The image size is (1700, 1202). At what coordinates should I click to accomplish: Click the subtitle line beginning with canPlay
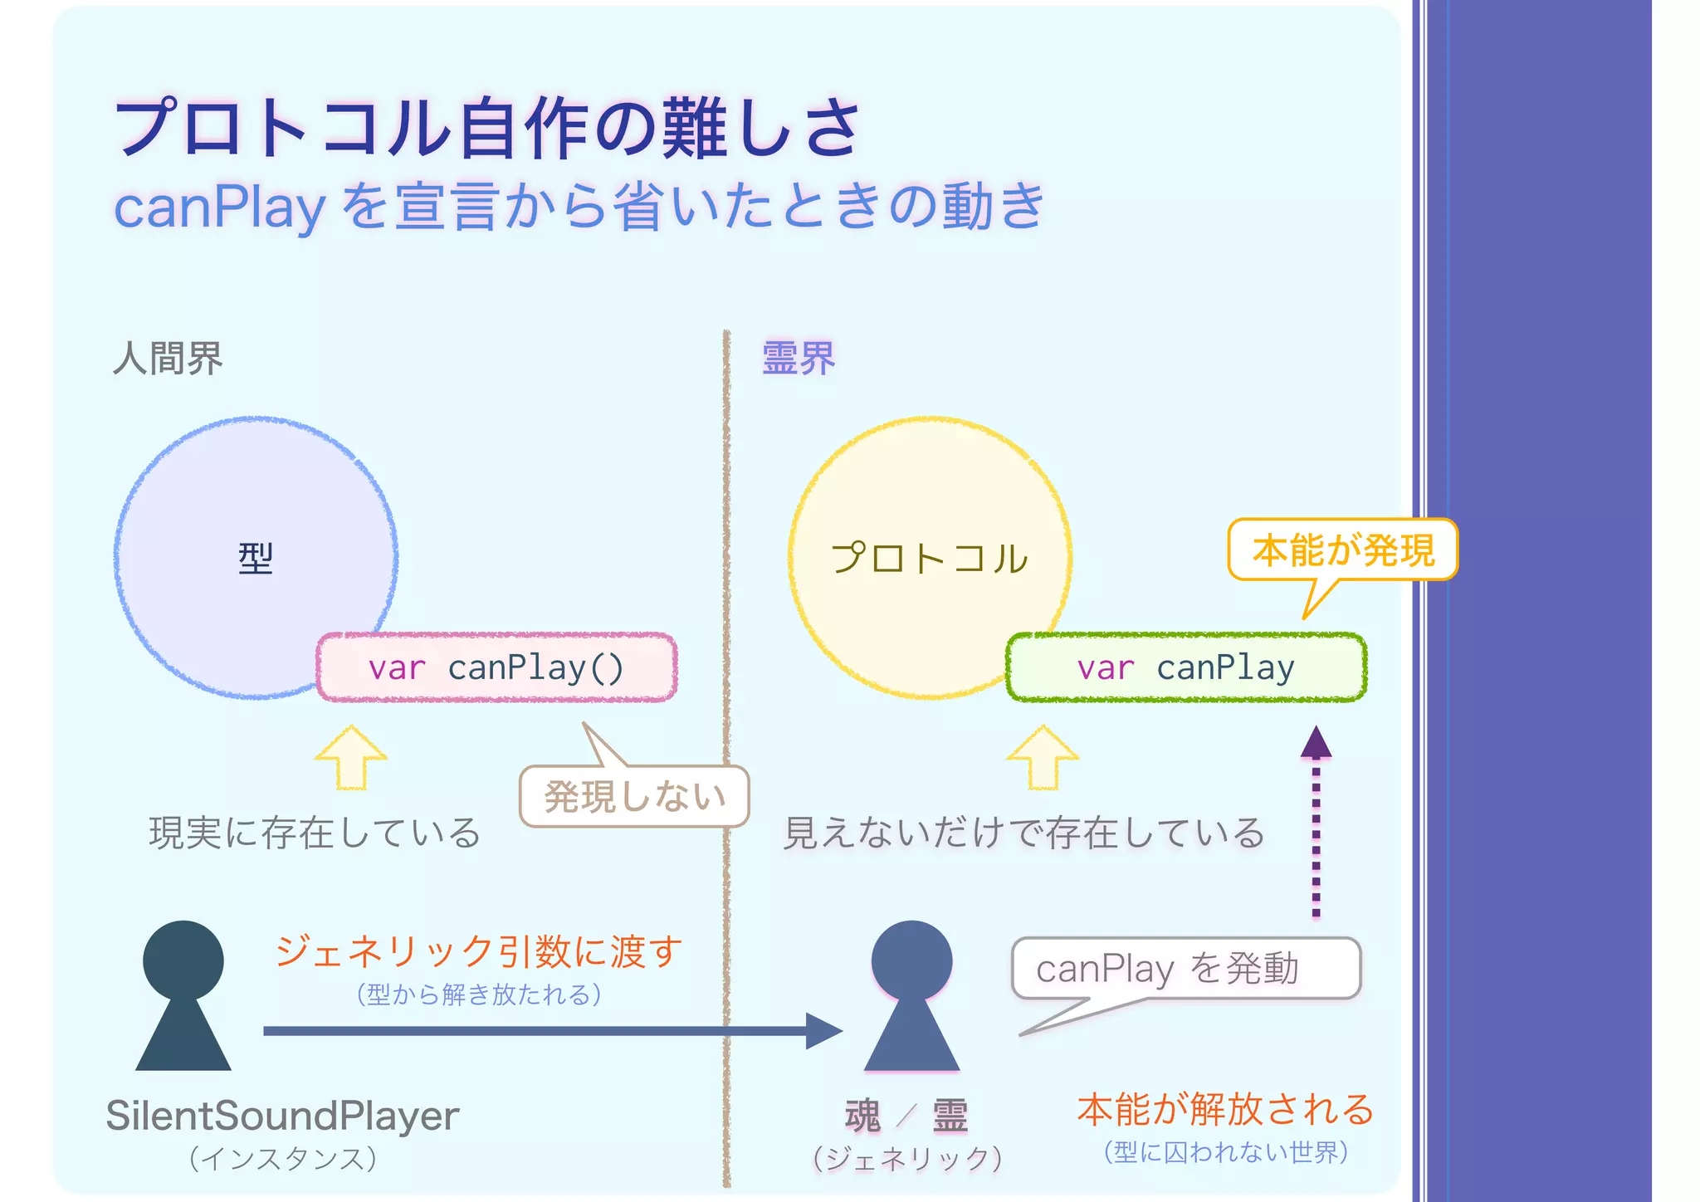579,207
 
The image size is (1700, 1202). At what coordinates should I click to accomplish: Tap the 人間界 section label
168,359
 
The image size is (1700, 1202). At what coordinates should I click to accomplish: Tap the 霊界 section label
799,359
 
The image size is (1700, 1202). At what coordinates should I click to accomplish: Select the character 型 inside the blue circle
256,559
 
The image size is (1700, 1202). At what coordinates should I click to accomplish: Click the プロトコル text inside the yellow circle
929,559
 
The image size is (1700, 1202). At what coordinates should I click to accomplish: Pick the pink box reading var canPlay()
496,667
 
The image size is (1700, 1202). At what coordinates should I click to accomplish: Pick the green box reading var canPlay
1185,667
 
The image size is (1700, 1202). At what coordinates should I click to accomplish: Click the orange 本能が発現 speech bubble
1342,550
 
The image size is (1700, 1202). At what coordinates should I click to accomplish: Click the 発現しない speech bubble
635,797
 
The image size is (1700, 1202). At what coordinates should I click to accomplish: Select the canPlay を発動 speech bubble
1185,969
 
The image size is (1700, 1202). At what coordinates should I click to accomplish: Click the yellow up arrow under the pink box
350,757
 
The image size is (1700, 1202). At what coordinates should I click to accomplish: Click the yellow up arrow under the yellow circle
1042,757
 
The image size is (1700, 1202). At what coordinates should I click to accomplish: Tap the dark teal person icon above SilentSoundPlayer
183,995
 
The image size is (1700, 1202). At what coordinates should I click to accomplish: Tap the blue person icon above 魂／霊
911,995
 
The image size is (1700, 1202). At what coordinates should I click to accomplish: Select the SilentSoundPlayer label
282,1116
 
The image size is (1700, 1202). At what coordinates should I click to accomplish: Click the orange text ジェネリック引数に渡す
479,951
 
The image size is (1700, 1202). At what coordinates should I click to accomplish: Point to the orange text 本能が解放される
1225,1110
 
